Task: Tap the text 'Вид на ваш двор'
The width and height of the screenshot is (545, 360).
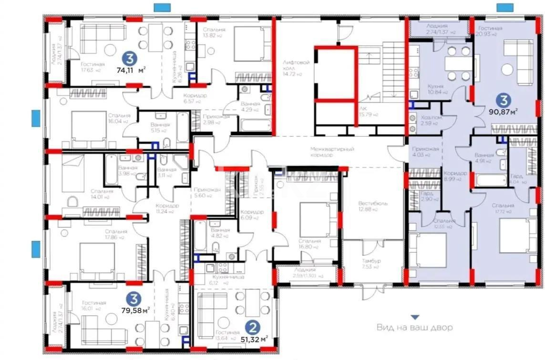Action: point(414,328)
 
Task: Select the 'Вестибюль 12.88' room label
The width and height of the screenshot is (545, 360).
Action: point(373,206)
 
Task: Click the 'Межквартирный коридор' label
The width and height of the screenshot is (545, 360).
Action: point(332,152)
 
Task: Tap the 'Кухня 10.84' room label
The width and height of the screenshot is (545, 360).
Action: point(435,89)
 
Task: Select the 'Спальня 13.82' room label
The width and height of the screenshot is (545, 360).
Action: point(213,32)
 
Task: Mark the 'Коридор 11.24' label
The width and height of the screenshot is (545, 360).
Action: point(167,209)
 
